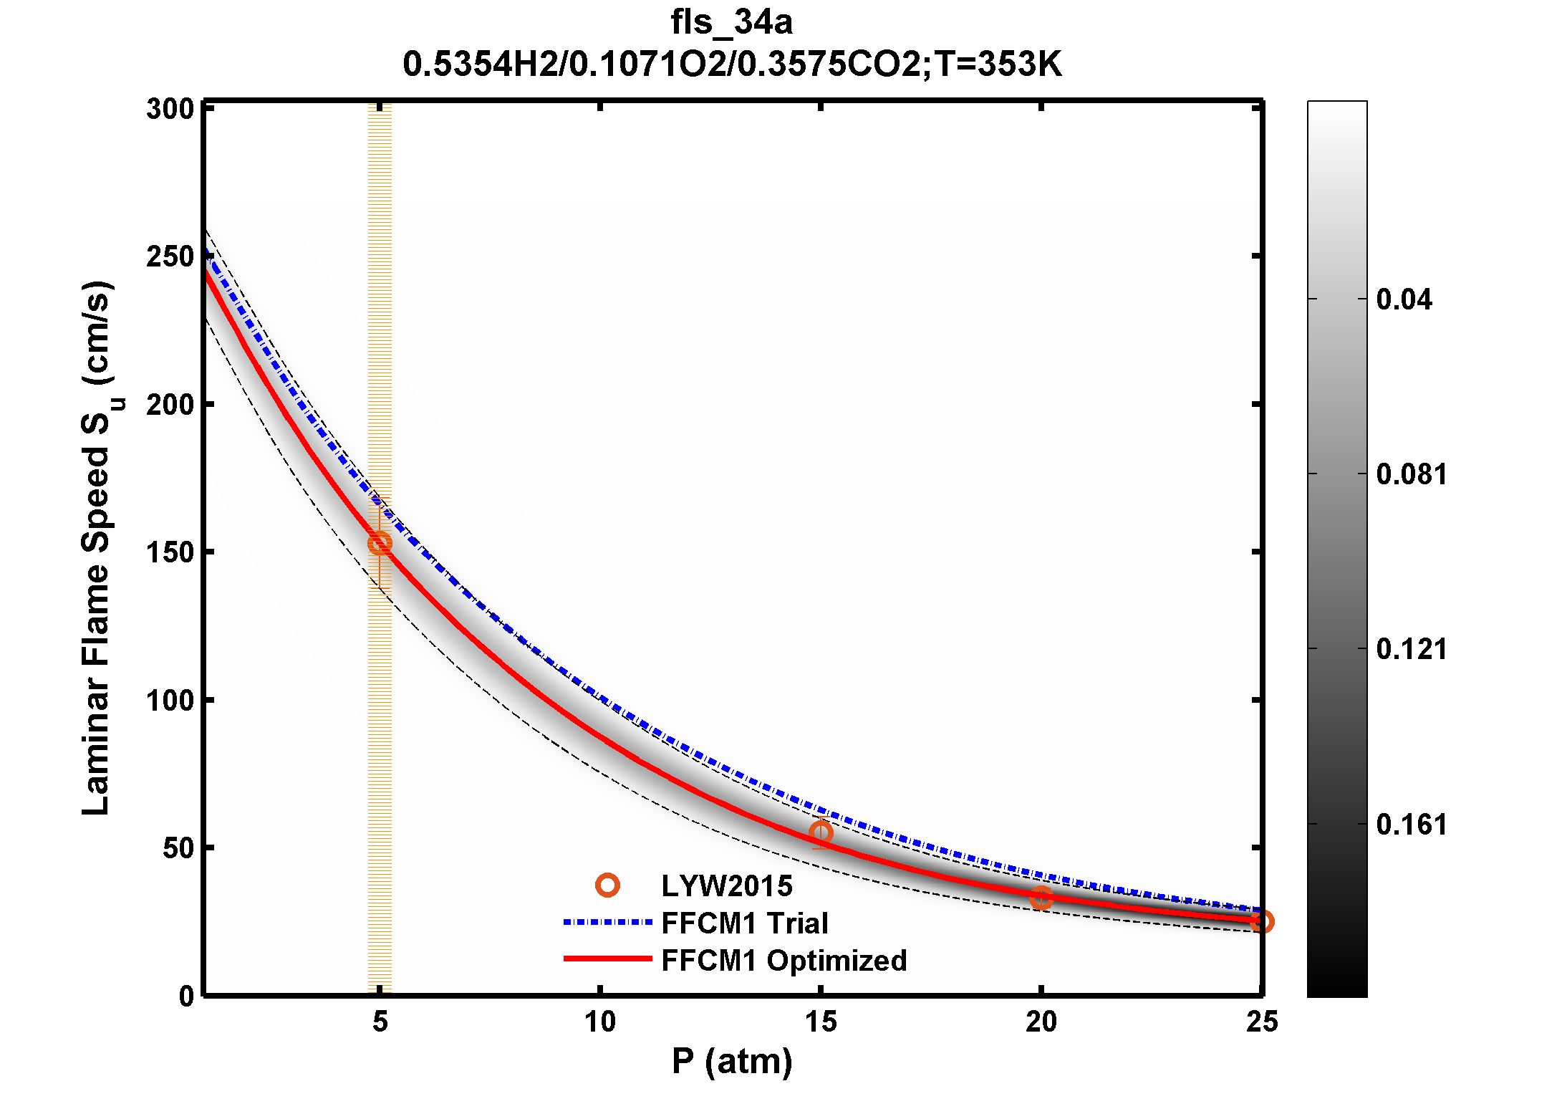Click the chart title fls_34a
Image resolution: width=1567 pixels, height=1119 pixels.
(731, 22)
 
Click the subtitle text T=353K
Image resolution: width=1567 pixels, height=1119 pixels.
(998, 64)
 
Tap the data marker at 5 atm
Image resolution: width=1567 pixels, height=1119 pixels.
(380, 543)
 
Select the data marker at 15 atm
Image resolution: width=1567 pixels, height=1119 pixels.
(821, 832)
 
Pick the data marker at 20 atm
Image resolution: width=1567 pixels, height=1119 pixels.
(1041, 897)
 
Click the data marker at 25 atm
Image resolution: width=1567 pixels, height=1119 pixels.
(1262, 921)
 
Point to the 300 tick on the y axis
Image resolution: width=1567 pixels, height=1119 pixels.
(170, 110)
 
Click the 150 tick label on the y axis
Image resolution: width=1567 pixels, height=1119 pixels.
(170, 552)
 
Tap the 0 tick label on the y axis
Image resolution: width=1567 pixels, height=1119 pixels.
(186, 996)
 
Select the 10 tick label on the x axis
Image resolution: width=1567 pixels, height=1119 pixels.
(600, 1022)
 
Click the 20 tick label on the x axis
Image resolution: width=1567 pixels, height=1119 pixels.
(1041, 1022)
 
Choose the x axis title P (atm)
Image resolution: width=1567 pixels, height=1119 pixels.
(732, 1061)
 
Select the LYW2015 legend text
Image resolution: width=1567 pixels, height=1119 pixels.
(726, 886)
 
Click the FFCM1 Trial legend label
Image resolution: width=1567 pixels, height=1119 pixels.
(744, 923)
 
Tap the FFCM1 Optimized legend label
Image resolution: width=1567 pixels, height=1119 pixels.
(783, 961)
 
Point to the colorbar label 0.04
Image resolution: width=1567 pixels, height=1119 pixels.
(1404, 299)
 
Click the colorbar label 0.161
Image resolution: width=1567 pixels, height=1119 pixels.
(1411, 825)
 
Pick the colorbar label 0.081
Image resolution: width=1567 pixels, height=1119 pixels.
(1411, 474)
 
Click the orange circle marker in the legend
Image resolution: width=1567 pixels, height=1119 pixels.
(607, 885)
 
